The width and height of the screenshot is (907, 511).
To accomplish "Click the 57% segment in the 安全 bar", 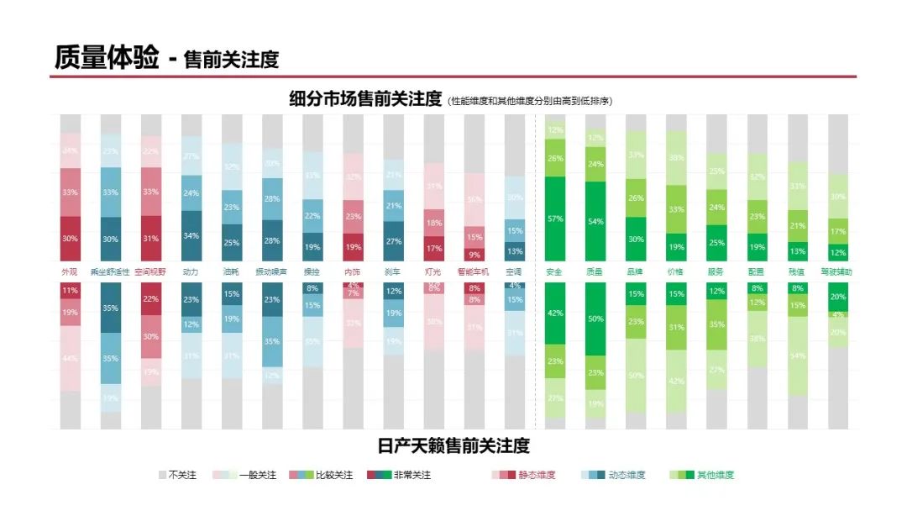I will pos(554,219).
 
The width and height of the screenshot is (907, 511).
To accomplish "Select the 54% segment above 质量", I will pos(595,221).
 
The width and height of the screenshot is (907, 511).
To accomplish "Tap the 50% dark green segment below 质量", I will pos(595,319).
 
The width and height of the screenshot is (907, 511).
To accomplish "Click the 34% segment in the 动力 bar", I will pos(191,235).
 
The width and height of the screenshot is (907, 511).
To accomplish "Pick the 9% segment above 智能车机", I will pos(474,255).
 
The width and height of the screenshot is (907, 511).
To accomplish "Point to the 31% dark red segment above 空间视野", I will pos(151,238).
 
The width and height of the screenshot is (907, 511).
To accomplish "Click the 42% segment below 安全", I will pos(554,313).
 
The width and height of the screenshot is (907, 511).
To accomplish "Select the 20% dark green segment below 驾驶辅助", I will pos(838,296).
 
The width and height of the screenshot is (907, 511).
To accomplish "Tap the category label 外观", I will pos(70,272).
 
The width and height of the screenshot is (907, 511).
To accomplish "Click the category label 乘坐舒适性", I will pos(110,272).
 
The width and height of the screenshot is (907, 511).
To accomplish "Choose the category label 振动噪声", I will pos(272,272).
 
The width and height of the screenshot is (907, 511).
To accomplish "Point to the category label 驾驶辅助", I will pos(837,272).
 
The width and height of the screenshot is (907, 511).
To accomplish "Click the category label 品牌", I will pos(636,272).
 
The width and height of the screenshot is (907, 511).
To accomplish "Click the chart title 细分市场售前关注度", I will pos(365,99).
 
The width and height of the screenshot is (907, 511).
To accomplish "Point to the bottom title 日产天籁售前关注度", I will pos(453,445).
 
